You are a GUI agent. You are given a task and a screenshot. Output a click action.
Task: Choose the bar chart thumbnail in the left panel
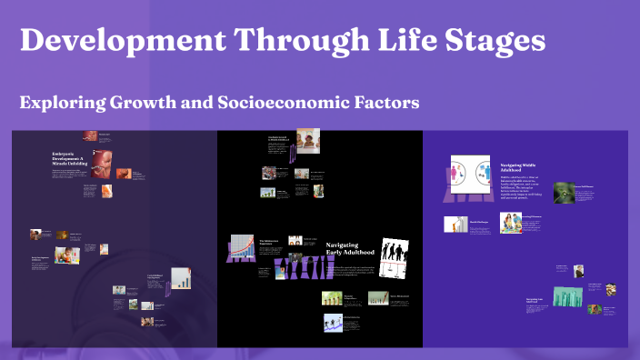click(180, 278)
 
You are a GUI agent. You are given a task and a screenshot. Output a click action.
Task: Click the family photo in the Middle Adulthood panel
click(510, 223)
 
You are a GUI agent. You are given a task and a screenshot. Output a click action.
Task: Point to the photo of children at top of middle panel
click(307, 142)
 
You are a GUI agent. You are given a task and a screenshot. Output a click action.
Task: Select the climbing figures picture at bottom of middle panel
click(333, 323)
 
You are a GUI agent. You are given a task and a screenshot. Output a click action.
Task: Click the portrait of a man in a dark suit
click(578, 271)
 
